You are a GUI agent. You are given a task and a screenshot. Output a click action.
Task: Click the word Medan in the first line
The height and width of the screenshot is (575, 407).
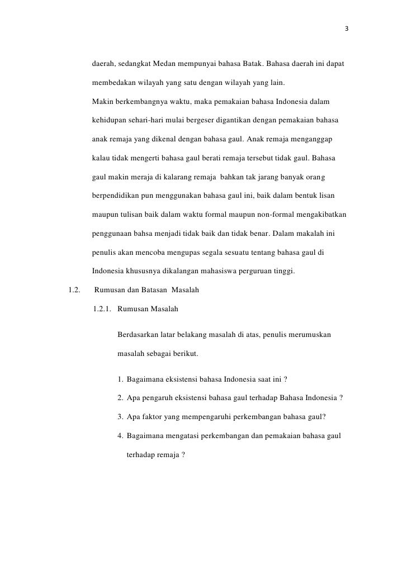tap(164, 65)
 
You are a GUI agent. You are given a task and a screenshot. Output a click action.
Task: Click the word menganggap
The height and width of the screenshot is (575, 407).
tap(314, 139)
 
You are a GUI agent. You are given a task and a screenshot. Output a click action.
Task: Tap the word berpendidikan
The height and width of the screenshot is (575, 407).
tap(116, 196)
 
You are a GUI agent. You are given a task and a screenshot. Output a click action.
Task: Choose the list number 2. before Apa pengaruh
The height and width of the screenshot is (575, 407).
tap(121, 398)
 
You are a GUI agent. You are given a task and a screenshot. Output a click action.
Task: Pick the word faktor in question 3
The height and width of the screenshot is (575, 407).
tap(154, 417)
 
